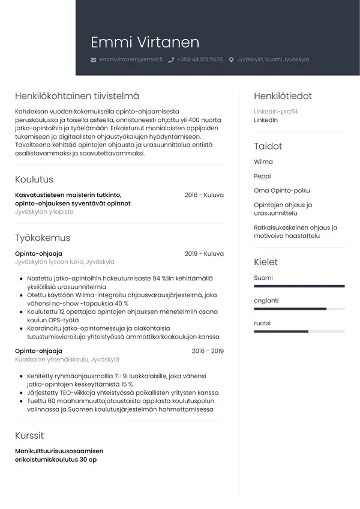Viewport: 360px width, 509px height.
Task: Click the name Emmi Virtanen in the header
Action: (x=145, y=43)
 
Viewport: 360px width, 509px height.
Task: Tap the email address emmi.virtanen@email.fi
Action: (x=131, y=60)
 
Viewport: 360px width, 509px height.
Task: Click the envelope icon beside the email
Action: (x=93, y=60)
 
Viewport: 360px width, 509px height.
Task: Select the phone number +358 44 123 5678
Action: (x=200, y=60)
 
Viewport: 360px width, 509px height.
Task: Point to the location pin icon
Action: (x=232, y=60)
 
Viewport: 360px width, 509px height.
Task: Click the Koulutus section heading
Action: (x=34, y=179)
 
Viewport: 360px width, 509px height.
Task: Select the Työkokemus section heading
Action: (x=43, y=238)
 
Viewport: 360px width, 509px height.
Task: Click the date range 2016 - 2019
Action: (x=208, y=351)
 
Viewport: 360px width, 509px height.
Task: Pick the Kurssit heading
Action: (x=29, y=436)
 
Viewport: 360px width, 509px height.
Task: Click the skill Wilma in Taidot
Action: (x=263, y=162)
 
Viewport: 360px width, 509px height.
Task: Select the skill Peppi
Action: (x=262, y=176)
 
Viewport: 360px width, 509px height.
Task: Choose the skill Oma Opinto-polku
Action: (x=282, y=191)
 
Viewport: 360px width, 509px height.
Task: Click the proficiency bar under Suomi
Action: (x=299, y=286)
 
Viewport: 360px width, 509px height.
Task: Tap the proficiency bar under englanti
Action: (x=299, y=309)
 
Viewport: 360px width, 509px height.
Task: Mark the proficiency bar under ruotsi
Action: (x=299, y=331)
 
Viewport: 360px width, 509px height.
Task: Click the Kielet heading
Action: (x=266, y=262)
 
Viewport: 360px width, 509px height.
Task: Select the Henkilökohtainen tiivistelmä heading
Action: (x=77, y=96)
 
